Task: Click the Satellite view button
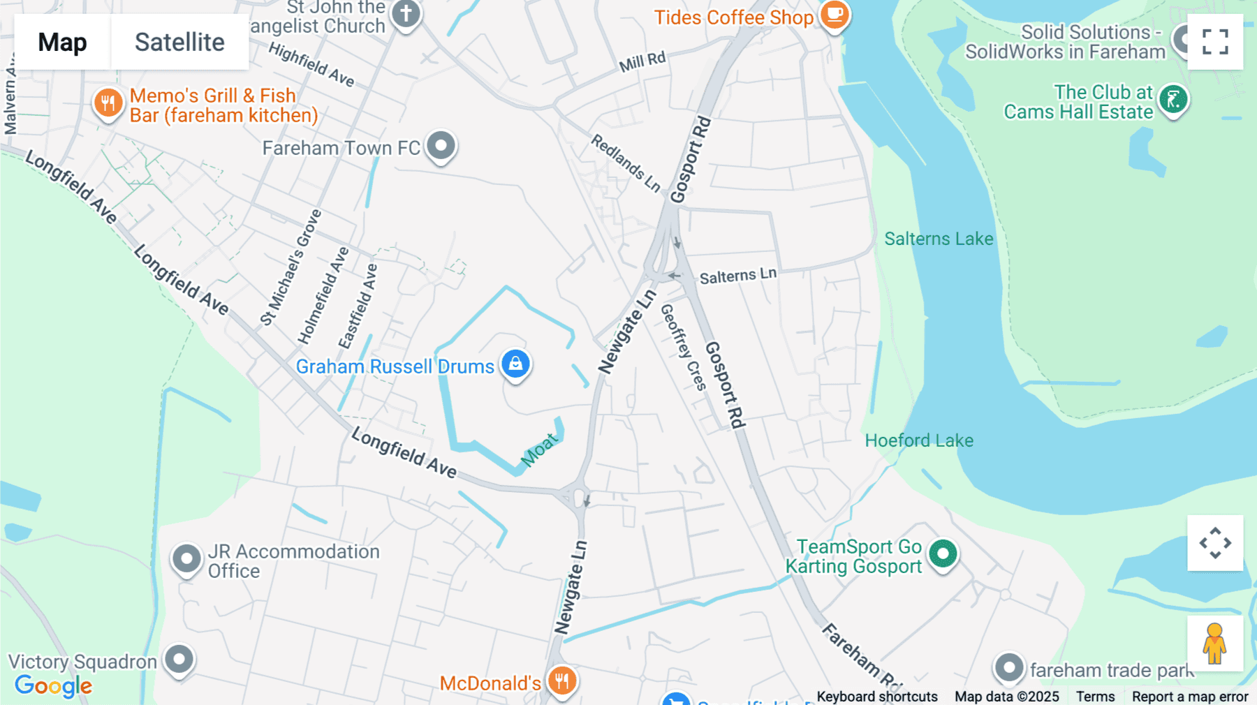tap(179, 42)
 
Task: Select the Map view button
tap(62, 42)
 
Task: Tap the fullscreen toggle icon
tap(1215, 42)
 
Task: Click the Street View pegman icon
tap(1214, 644)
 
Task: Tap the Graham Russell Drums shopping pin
tap(515, 364)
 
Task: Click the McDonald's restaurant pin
tap(561, 680)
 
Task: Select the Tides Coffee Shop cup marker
tap(834, 14)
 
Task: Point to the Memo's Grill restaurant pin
tap(108, 103)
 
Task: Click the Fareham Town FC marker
tap(441, 146)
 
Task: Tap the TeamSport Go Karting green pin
tap(943, 554)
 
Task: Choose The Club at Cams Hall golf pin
tap(1173, 100)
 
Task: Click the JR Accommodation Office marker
tap(186, 558)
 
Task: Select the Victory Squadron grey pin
tap(179, 659)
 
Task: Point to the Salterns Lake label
tap(939, 239)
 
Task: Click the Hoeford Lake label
tap(919, 440)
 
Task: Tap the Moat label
tap(540, 450)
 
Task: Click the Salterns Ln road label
tap(737, 276)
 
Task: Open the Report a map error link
tap(1190, 697)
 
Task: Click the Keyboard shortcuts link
tap(877, 697)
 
